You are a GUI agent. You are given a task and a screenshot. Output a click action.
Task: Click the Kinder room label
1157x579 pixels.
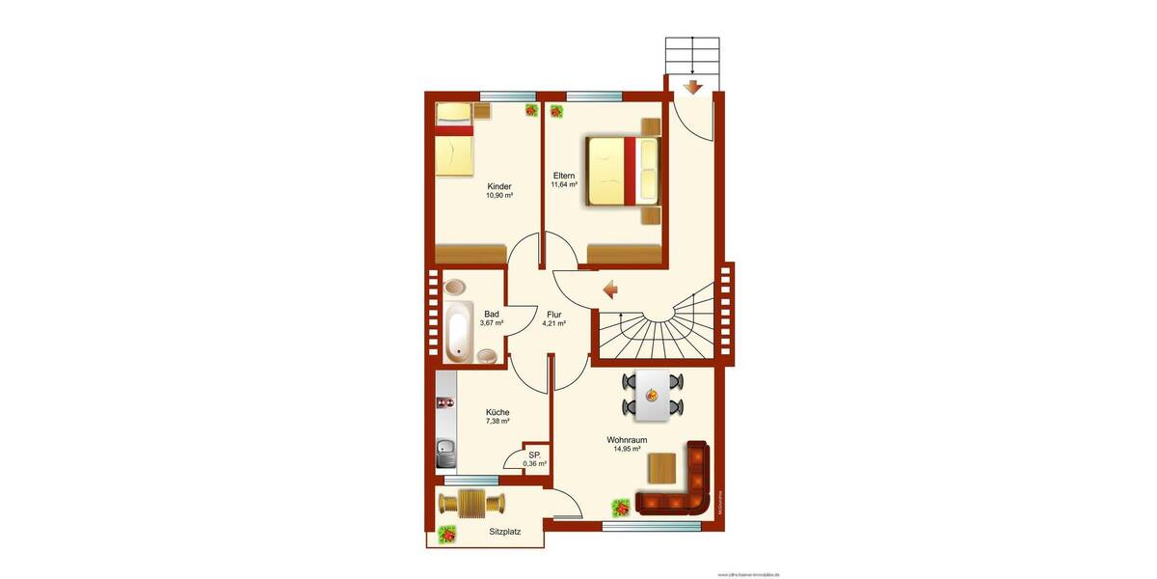[x=499, y=186]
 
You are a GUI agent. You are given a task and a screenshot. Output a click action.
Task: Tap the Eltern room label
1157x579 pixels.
[x=564, y=176]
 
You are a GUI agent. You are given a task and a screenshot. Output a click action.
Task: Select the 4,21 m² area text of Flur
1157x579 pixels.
[x=553, y=324]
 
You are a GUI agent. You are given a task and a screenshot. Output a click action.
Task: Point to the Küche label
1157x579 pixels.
[x=498, y=412]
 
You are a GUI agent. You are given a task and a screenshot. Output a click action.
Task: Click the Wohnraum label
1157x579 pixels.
[x=627, y=439]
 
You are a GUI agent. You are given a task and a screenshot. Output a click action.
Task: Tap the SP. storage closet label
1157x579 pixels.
[x=534, y=455]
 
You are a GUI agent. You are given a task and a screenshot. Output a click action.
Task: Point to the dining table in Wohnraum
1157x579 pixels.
[x=653, y=396]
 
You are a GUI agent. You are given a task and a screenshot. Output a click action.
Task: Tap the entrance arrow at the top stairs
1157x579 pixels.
[x=691, y=89]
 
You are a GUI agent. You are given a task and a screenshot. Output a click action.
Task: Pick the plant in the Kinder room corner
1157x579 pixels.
[x=531, y=110]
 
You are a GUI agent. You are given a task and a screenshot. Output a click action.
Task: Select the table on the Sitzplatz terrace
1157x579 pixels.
[x=471, y=503]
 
